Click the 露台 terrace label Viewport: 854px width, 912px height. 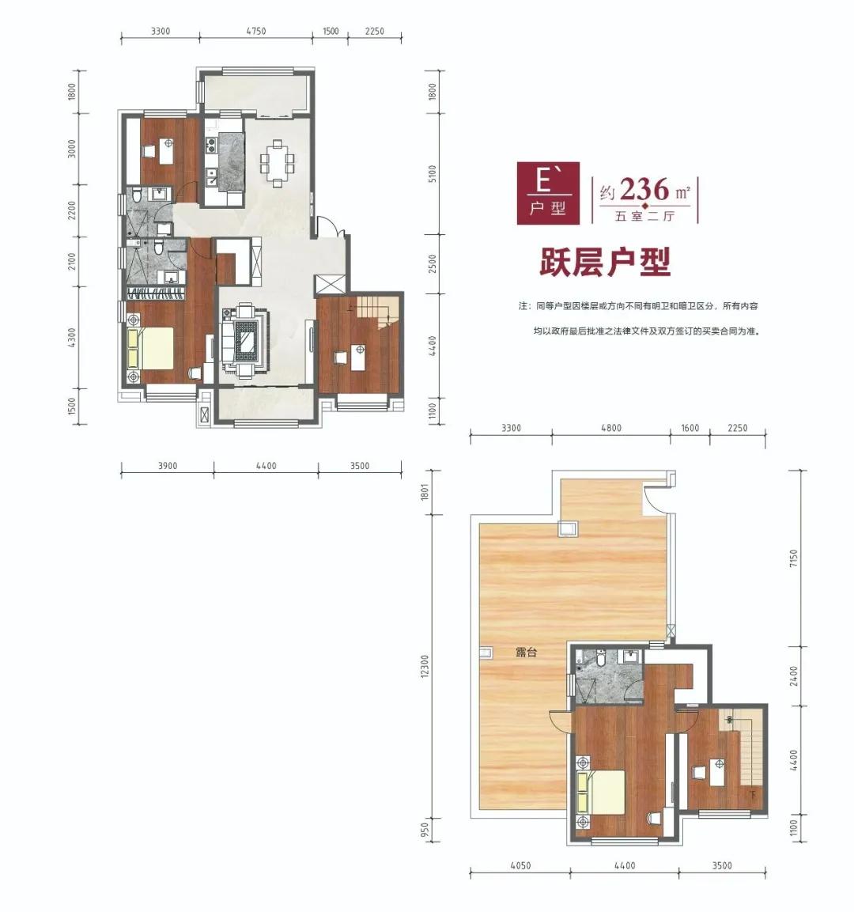point(526,652)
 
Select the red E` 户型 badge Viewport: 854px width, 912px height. point(548,193)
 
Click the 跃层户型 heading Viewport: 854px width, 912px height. point(605,263)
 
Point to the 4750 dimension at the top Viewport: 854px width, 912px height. point(255,31)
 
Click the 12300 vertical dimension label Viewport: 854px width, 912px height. point(425,665)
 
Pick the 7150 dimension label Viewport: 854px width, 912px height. point(794,558)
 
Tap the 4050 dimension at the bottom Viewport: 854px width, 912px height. point(520,865)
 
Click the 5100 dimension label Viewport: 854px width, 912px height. point(432,173)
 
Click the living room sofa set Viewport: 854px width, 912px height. point(245,342)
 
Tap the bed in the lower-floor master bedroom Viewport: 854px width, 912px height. point(150,348)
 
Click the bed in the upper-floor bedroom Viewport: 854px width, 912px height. point(600,792)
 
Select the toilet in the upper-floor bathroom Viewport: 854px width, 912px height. point(602,657)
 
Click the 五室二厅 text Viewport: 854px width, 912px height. point(644,216)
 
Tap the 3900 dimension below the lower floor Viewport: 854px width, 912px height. point(168,466)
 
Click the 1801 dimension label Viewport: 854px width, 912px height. point(425,492)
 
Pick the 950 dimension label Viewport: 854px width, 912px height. point(425,827)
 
